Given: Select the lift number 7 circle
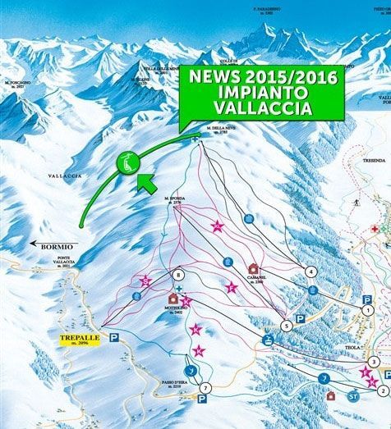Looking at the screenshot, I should pos(206,387).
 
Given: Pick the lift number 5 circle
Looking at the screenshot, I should pos(287,326).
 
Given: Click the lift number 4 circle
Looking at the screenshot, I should pos(310,271).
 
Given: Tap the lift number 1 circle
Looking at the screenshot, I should pos(367,310).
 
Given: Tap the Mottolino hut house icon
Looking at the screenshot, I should pos(172,299).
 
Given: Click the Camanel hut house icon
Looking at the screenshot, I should pos(252,268).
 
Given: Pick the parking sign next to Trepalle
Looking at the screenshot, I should pos(115,336).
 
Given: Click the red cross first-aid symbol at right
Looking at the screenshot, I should pos(375,230).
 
